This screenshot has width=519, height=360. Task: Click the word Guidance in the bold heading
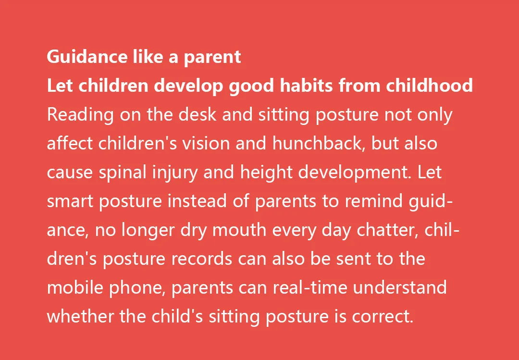[87, 57]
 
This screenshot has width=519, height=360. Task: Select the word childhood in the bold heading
[429, 86]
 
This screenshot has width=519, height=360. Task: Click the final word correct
[383, 317]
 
